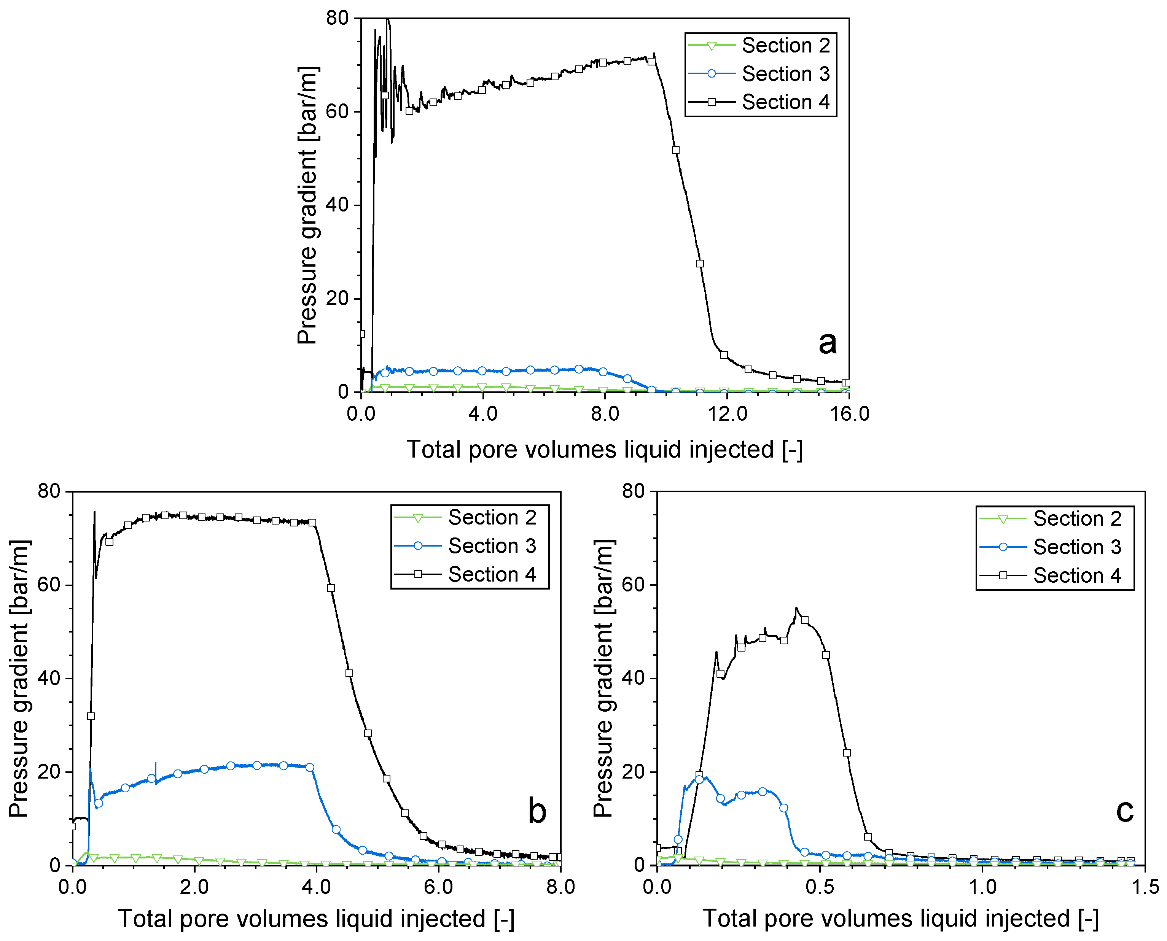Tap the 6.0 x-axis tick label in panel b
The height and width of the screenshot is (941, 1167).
coord(438,887)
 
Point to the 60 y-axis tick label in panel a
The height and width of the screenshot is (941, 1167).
coord(337,112)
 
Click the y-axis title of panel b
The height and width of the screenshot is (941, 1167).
coord(19,678)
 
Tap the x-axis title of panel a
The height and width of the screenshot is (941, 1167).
coord(604,449)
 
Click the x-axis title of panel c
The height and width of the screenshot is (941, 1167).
coord(900,919)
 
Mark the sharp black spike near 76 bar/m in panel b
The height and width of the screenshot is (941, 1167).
coord(94,512)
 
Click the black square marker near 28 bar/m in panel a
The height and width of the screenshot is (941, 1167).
coord(700,264)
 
